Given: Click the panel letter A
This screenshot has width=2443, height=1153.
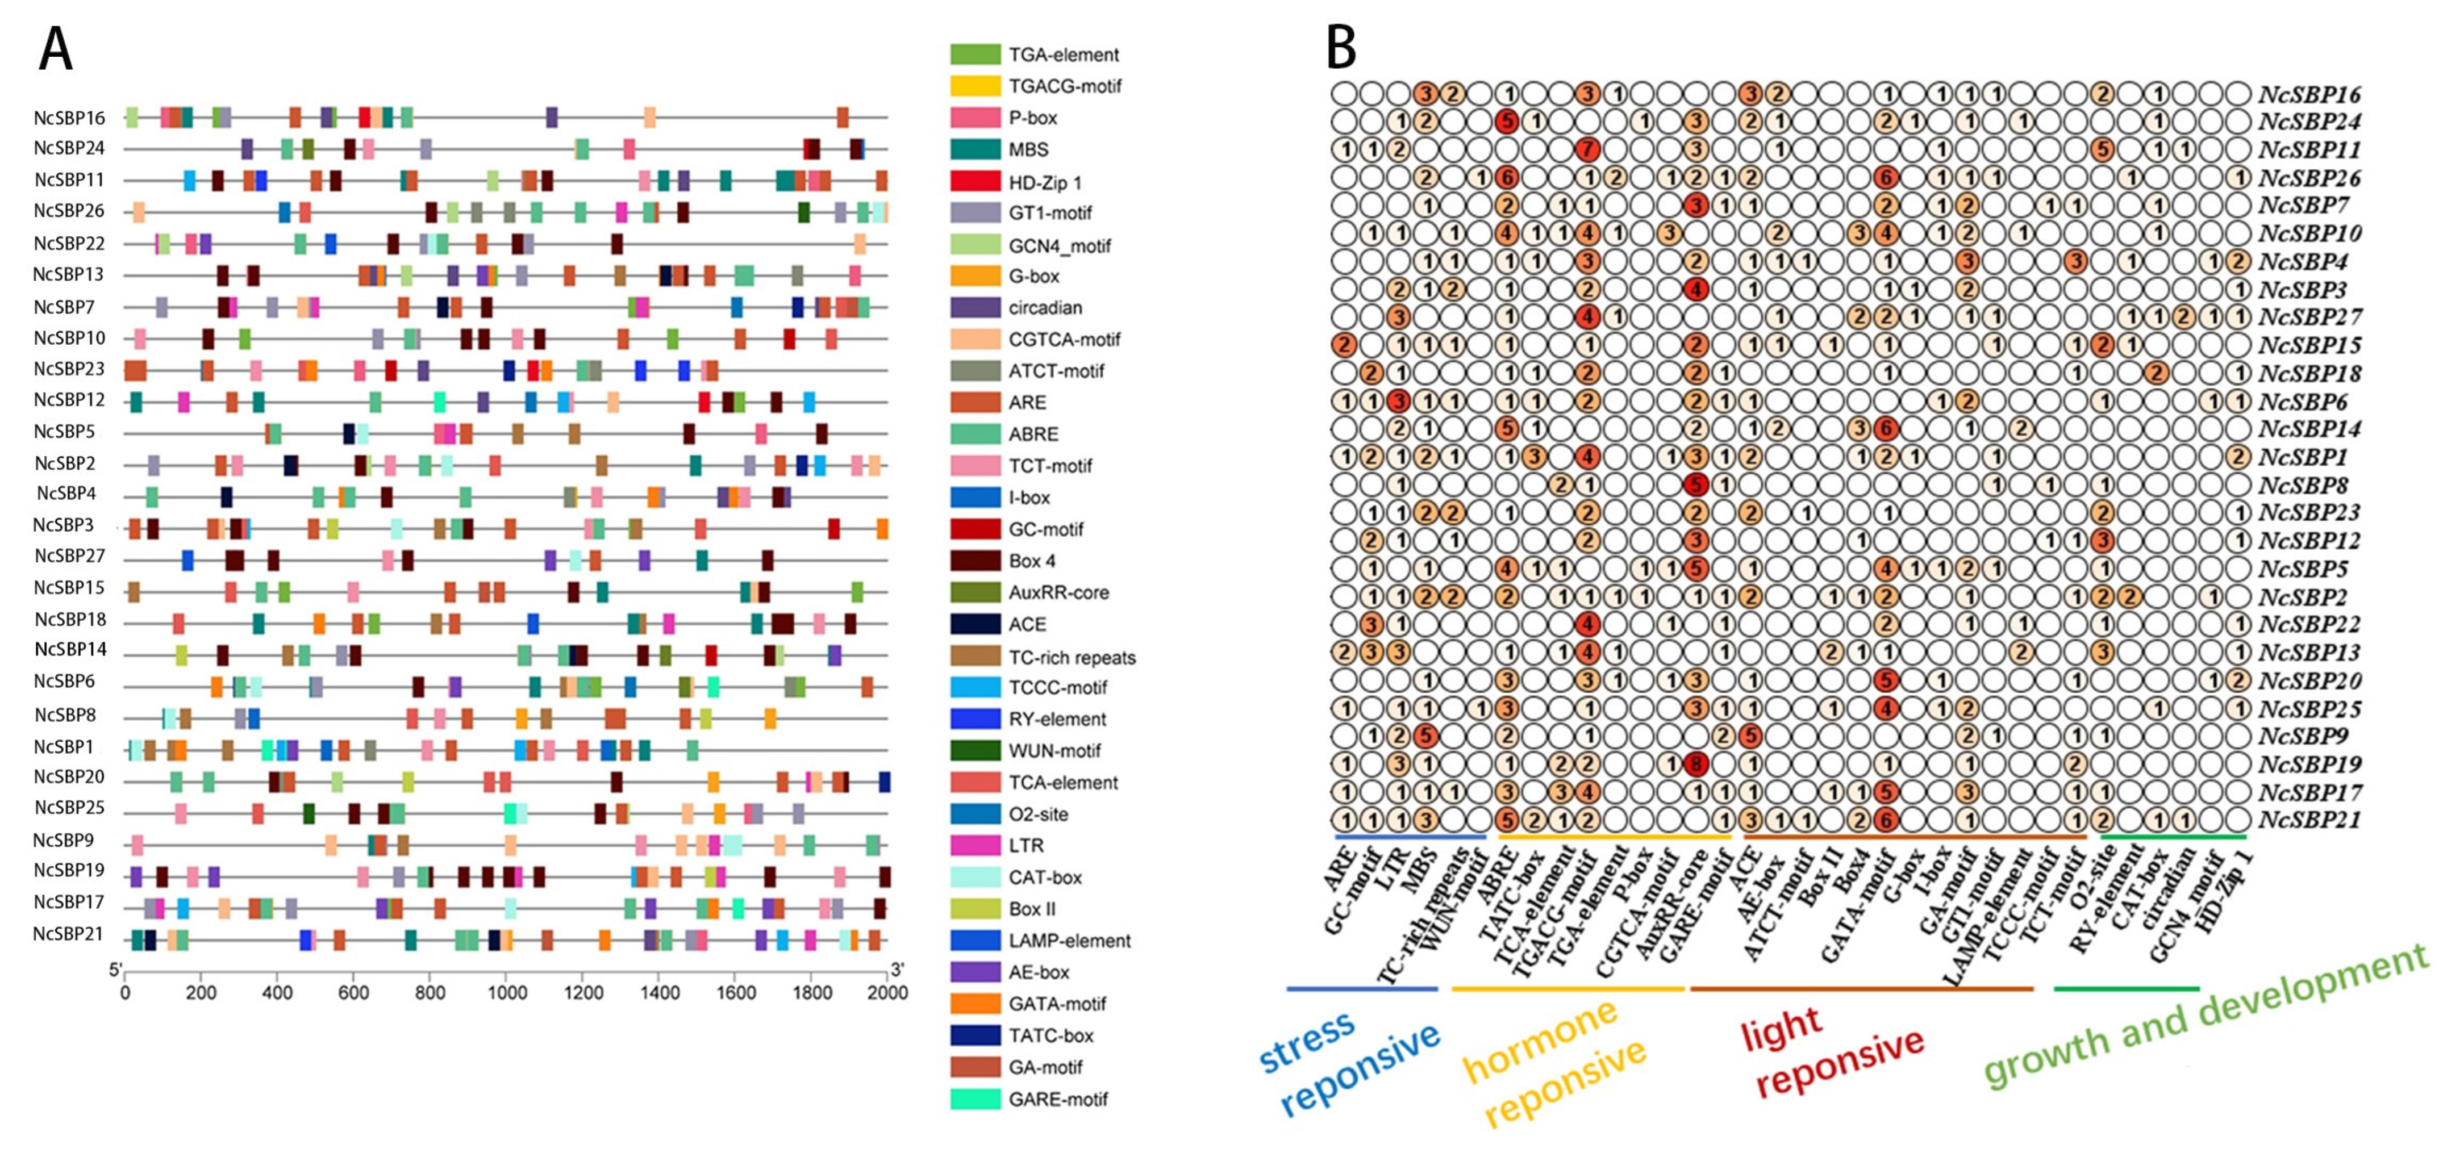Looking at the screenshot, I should [x=55, y=49].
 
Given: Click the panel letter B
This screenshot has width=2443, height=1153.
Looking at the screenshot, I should [x=1340, y=47].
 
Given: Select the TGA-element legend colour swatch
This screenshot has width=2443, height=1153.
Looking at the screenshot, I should [x=975, y=54].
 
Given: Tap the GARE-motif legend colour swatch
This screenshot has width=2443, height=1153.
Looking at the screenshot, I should [x=975, y=1099].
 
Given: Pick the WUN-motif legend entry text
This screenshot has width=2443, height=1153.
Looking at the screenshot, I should [x=1054, y=751].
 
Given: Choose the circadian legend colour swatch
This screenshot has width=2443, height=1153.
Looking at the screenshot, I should [x=975, y=307].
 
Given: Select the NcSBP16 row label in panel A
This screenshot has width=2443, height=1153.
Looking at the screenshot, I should [x=69, y=118].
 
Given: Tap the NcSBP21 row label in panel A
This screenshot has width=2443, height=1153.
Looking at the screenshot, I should [x=68, y=934].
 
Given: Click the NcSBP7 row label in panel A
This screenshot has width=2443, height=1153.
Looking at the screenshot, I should [x=65, y=306].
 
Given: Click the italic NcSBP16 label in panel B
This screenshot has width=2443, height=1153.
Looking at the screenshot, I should [x=2309, y=94].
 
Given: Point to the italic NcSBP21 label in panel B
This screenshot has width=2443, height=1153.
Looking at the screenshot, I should [x=2309, y=819].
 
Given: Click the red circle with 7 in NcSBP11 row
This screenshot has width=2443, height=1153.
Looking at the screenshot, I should [x=1587, y=149].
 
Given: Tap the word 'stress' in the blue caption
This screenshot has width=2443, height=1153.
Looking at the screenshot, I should [x=1306, y=1041].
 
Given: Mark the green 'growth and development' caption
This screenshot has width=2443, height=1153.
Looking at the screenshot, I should [x=2205, y=1017].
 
